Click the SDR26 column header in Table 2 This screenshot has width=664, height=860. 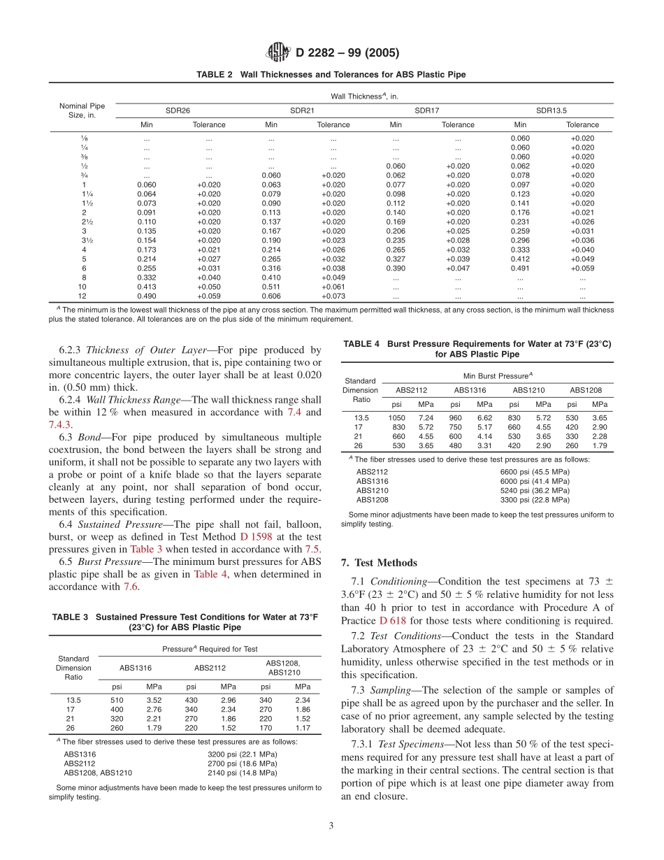(x=178, y=110)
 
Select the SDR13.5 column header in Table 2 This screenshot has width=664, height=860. (x=551, y=110)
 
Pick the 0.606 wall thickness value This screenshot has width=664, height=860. (x=271, y=296)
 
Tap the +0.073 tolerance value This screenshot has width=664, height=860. (x=333, y=296)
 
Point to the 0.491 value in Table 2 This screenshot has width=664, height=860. (x=520, y=267)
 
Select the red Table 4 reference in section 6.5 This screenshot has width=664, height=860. (x=210, y=574)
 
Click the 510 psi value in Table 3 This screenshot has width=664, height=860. (x=117, y=699)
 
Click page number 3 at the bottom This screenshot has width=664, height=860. (x=331, y=826)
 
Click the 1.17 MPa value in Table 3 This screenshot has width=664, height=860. (x=303, y=726)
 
